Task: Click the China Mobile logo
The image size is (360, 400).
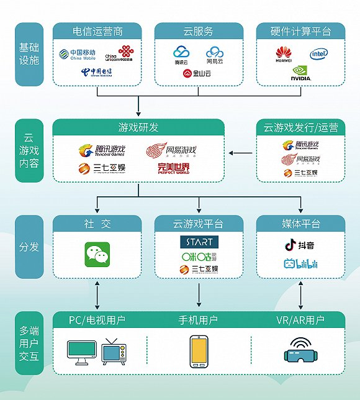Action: [78, 54]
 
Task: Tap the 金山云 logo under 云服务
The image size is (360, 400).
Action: [198, 73]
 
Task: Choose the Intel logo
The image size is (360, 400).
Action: [319, 55]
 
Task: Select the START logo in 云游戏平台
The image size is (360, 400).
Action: [199, 241]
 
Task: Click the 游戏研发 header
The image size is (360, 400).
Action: [138, 127]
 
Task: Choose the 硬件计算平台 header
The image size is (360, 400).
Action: [300, 32]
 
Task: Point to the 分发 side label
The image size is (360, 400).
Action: [29, 247]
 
